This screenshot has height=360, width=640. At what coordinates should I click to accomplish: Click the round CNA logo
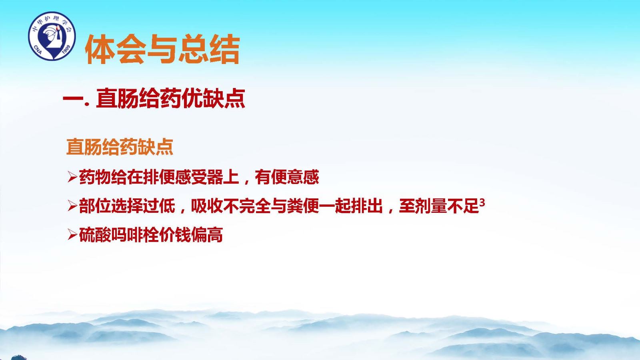click(x=52, y=36)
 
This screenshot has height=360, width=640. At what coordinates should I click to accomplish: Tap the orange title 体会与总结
click(x=162, y=49)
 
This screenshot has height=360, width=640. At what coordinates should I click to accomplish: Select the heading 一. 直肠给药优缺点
click(x=154, y=98)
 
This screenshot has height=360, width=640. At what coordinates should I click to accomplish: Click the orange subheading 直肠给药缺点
click(x=120, y=147)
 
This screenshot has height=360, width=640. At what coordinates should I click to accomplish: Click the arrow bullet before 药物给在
click(x=72, y=177)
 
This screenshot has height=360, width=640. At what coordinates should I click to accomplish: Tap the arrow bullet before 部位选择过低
click(x=72, y=206)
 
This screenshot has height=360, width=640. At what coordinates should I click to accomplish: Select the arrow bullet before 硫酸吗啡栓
click(x=72, y=235)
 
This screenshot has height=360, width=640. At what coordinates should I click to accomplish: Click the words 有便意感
click(x=287, y=177)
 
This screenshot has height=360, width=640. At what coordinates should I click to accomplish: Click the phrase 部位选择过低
click(x=127, y=206)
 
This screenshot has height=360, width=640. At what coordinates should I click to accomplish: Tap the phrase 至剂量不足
click(x=439, y=206)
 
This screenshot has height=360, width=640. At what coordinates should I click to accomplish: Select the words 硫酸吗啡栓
click(x=119, y=235)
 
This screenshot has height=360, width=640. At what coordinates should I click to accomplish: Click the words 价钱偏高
click(x=191, y=235)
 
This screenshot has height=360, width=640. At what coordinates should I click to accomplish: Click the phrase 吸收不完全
click(x=231, y=206)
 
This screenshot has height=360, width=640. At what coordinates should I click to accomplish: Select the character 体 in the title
click(x=100, y=49)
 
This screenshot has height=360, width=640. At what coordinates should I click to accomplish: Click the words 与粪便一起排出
click(x=326, y=206)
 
